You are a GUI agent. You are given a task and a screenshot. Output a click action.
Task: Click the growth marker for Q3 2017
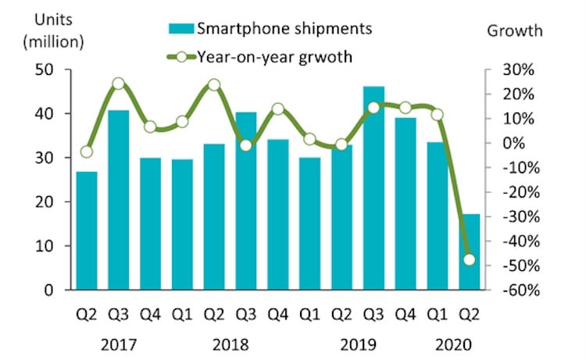coord(118,84)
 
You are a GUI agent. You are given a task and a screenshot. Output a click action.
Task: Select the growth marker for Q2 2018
coord(214,85)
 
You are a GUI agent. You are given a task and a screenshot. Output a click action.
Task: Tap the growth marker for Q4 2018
coord(277,109)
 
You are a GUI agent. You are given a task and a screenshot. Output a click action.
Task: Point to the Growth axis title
coord(515,30)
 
